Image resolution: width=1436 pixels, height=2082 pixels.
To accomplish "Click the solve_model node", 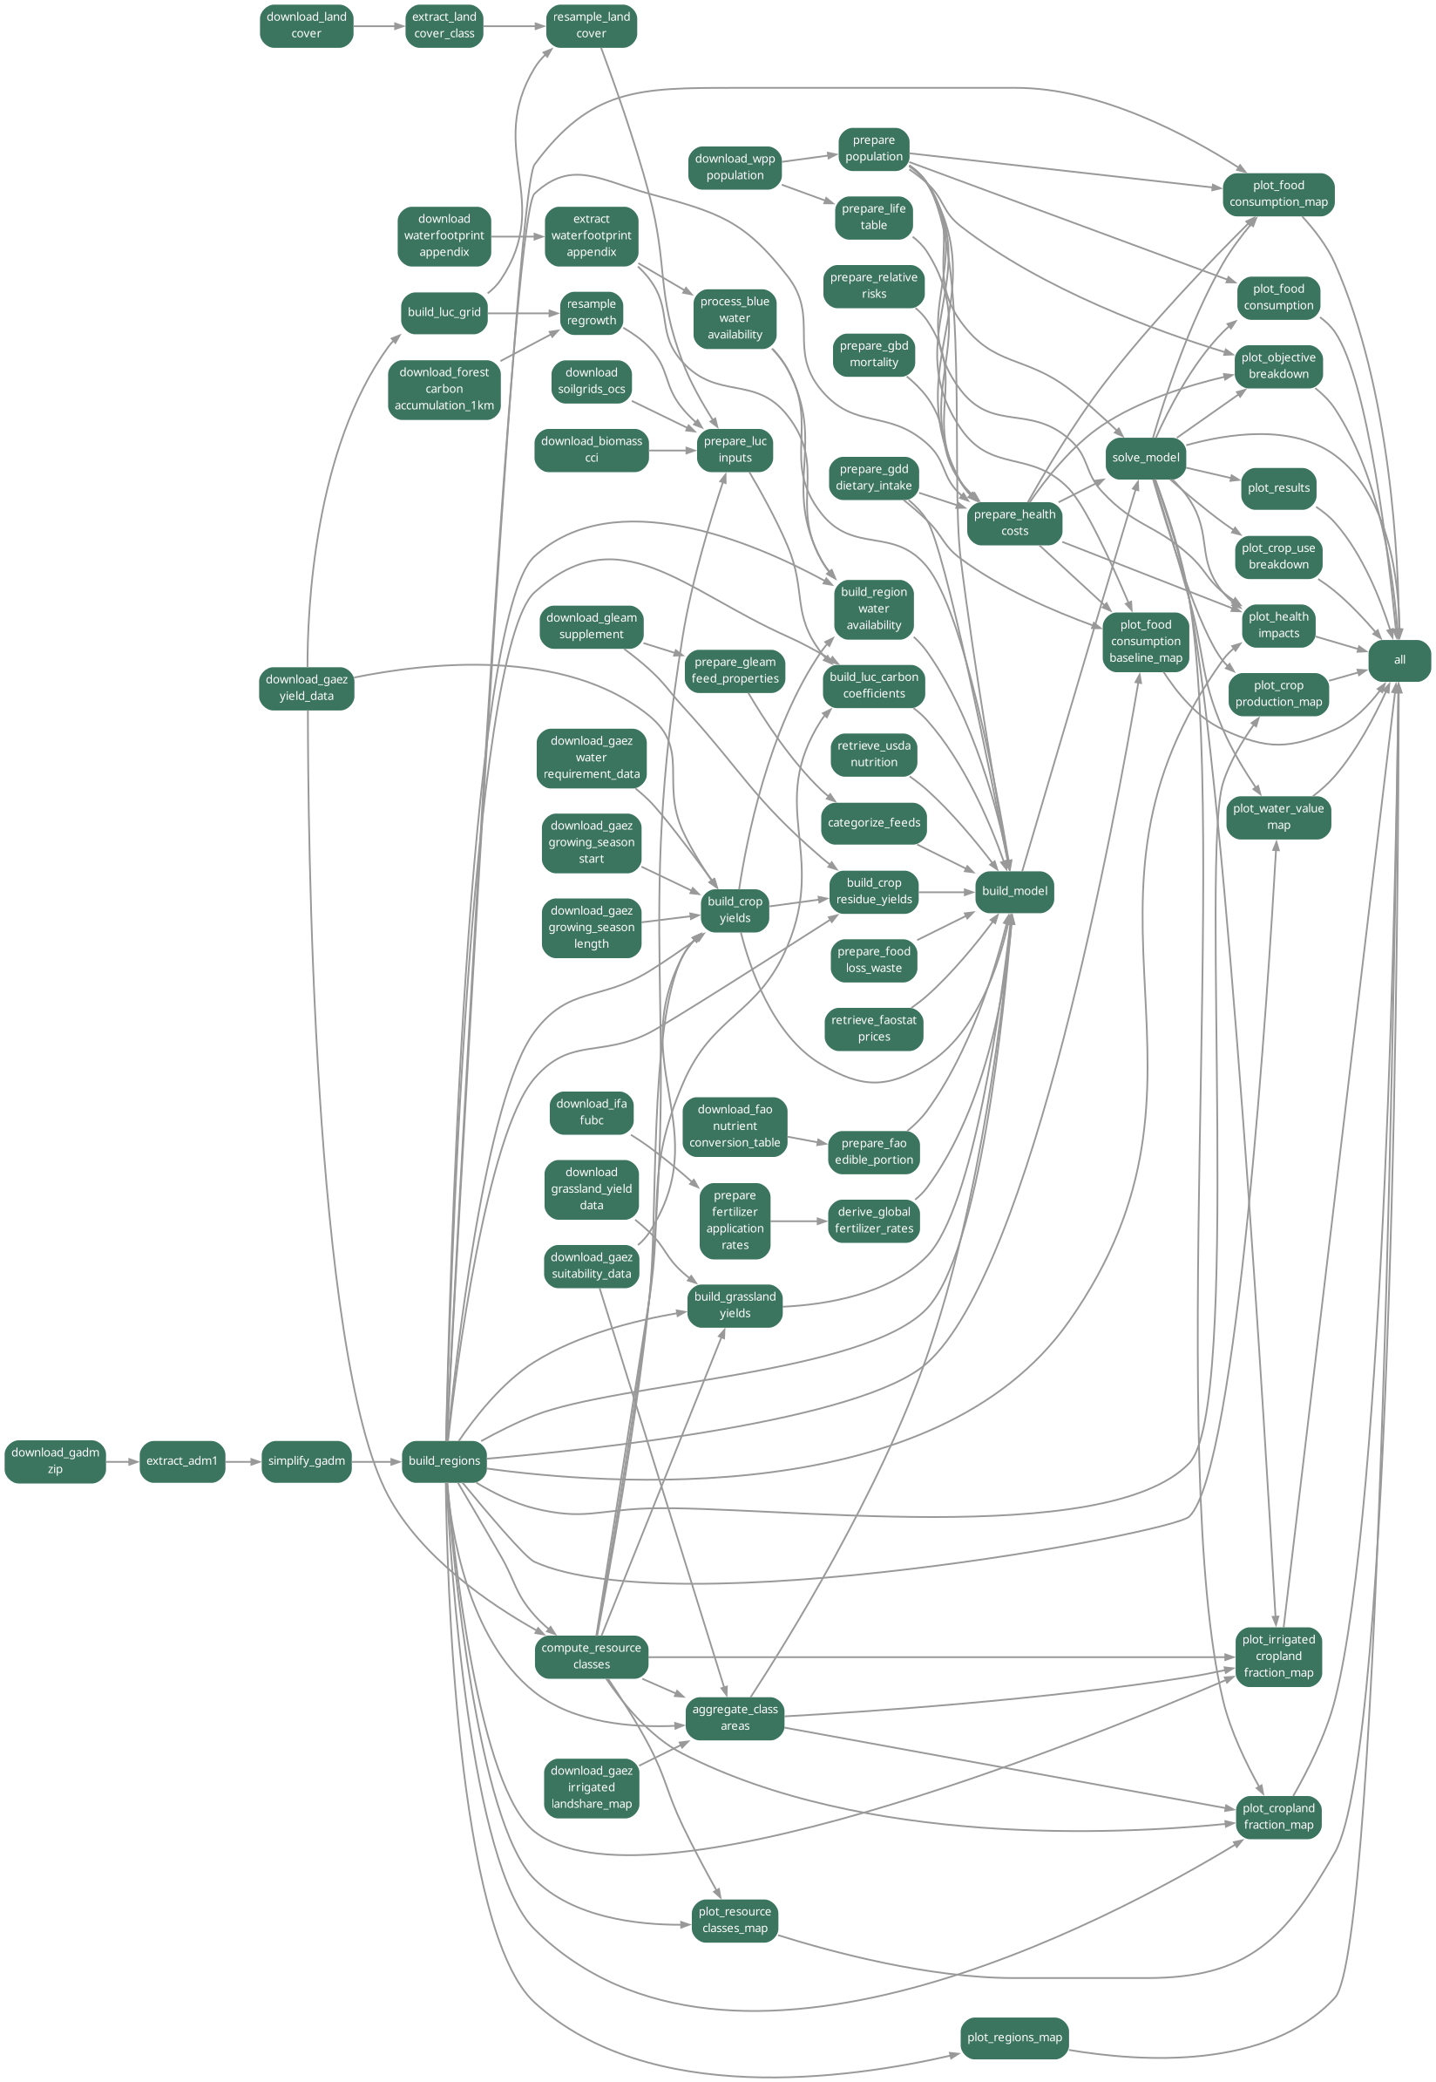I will point(1145,457).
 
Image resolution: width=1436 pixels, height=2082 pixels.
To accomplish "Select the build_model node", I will point(1014,891).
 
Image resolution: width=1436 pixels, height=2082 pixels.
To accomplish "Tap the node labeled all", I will point(1399,660).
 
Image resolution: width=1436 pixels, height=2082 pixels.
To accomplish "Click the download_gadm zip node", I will point(55,1460).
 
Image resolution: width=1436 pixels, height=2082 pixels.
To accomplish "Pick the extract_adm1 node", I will point(182,1460).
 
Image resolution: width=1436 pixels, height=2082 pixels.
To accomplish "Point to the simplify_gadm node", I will point(306,1460).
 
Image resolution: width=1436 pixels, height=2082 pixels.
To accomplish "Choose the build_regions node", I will point(444,1460).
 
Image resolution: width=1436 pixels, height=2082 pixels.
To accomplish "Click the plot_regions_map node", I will point(1014,2037).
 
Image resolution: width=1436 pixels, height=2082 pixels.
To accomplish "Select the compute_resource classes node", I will point(591,1657).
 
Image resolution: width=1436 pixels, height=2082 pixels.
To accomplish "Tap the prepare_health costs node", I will point(1014,523).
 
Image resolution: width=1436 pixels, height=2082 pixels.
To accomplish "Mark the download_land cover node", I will point(306,25).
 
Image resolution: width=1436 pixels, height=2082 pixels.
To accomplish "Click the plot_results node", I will point(1277,488).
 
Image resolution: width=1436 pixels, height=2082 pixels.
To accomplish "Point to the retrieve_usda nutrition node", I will point(874,753).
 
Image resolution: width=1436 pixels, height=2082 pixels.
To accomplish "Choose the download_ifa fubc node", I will point(591,1112).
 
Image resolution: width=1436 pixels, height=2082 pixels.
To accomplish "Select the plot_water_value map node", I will point(1277,816).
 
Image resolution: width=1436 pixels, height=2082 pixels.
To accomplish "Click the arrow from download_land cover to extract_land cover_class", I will point(379,26).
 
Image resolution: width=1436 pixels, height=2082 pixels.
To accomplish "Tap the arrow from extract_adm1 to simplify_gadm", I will point(243,1461).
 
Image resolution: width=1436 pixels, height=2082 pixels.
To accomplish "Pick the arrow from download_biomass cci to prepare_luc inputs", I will point(672,450).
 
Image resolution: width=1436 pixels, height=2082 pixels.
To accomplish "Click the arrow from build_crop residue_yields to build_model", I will point(949,892).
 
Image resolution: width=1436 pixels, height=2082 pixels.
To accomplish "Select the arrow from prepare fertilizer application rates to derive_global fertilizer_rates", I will point(798,1221).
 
